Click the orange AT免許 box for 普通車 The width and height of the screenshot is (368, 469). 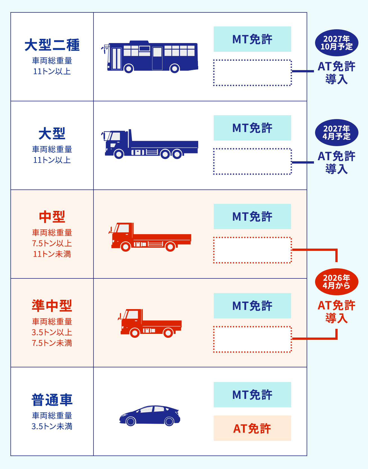click(252, 428)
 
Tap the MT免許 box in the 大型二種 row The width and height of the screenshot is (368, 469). click(252, 39)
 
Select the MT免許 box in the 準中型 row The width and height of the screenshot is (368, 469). click(252, 306)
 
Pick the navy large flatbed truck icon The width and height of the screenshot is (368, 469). click(150, 145)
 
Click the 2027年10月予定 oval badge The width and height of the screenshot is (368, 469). click(336, 43)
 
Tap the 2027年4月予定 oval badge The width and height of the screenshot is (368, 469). click(336, 133)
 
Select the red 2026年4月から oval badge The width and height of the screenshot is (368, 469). click(336, 282)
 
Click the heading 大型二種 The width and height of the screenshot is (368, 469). click(52, 45)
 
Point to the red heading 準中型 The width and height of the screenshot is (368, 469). click(52, 306)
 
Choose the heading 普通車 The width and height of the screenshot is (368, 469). click(52, 400)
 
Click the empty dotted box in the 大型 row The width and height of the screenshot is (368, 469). click(252, 161)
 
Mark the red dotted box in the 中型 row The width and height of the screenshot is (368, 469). click(252, 250)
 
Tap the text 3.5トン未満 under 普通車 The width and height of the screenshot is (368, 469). click(52, 426)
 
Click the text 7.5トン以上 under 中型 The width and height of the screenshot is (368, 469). click(52, 243)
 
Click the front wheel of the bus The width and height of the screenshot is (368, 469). click(129, 68)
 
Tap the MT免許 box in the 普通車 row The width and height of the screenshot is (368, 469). click(252, 395)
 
